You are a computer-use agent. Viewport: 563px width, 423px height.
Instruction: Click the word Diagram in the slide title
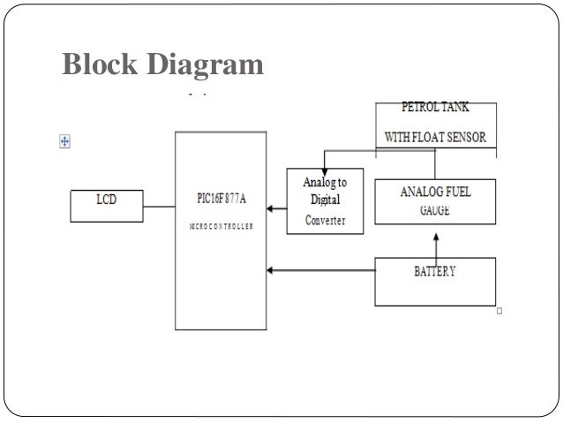[x=207, y=64]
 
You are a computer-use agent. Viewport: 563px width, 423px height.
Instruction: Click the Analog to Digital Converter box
[x=326, y=200]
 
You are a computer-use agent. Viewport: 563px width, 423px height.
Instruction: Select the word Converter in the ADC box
[x=326, y=220]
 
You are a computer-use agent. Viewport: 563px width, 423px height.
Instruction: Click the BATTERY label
[x=435, y=271]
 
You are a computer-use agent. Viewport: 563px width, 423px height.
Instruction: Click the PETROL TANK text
[x=436, y=108]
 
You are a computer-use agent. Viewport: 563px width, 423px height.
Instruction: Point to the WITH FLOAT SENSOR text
[x=435, y=138]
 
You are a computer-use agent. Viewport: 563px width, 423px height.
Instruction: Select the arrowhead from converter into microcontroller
[x=270, y=209]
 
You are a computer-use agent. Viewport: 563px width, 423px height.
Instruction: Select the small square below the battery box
[x=499, y=311]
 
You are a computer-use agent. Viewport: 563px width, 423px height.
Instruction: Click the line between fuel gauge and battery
[x=434, y=242]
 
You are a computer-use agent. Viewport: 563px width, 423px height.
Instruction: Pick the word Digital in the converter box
[x=326, y=200]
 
